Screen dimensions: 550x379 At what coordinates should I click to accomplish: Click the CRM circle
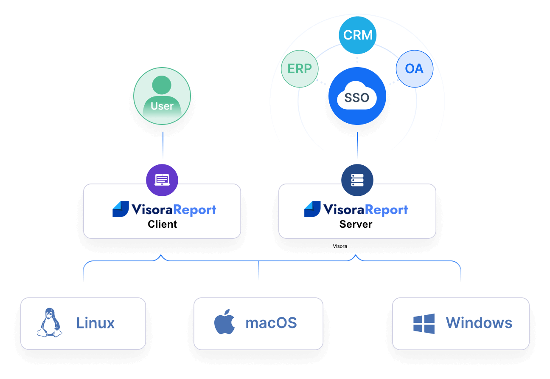point(357,35)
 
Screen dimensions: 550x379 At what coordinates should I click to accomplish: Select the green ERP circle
point(300,69)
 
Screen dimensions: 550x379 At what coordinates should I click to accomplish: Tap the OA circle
point(415,69)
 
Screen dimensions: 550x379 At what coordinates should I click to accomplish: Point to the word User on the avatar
point(162,106)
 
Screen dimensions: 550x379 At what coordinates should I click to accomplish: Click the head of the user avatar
point(162,85)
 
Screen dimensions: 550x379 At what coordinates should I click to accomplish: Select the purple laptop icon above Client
point(162,180)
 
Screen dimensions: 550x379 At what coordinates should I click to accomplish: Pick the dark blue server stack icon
point(357,180)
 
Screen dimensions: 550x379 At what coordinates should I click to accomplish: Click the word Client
point(162,224)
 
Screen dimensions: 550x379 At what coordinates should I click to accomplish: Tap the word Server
point(356,224)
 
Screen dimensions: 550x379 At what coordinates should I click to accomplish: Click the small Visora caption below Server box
point(340,246)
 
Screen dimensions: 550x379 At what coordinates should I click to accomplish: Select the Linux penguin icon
point(50,322)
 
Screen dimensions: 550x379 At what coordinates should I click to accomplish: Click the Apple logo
point(224,322)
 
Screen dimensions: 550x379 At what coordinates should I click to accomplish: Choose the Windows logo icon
point(424,323)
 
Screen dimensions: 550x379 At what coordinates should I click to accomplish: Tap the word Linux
point(95,323)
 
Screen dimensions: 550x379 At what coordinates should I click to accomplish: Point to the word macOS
point(271,323)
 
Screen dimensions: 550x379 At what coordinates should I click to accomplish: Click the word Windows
point(479,323)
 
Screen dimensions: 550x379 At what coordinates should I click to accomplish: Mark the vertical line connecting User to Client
point(163,145)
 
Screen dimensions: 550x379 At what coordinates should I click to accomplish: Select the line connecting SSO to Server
point(357,145)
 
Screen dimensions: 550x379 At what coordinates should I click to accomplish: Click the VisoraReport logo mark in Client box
point(121,209)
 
